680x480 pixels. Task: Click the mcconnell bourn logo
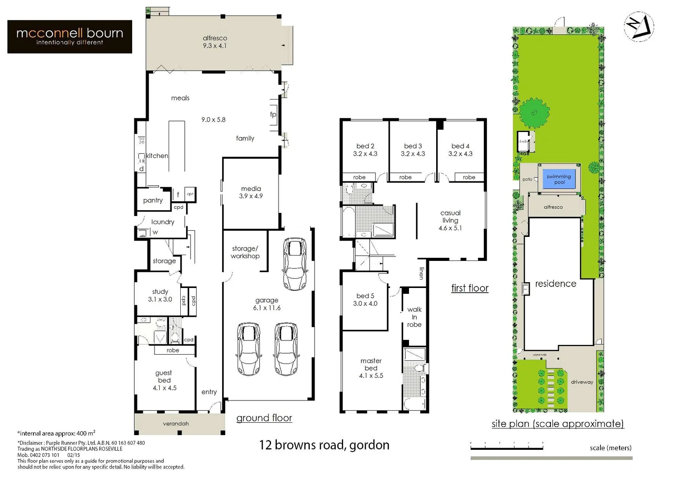point(69,36)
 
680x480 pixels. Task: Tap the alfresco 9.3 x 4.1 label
point(215,42)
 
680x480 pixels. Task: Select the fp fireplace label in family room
point(273,114)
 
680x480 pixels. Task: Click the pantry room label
point(153,200)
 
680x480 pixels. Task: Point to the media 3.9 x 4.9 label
point(251,192)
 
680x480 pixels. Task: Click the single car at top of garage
point(295,264)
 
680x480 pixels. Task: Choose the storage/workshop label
point(245,252)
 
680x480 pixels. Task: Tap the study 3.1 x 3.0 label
point(160,296)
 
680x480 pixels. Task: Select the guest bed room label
point(164,380)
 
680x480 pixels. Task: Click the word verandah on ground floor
point(176,424)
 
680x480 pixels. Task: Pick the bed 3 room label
point(413,150)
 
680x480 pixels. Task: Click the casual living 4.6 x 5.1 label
point(450,220)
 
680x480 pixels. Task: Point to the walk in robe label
point(414,317)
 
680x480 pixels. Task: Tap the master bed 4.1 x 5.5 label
point(371,368)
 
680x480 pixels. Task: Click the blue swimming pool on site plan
point(559,179)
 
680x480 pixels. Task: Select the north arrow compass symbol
point(639,26)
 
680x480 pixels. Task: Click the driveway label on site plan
point(582,382)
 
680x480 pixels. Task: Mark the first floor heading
point(470,288)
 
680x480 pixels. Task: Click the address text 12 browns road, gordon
point(324,445)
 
